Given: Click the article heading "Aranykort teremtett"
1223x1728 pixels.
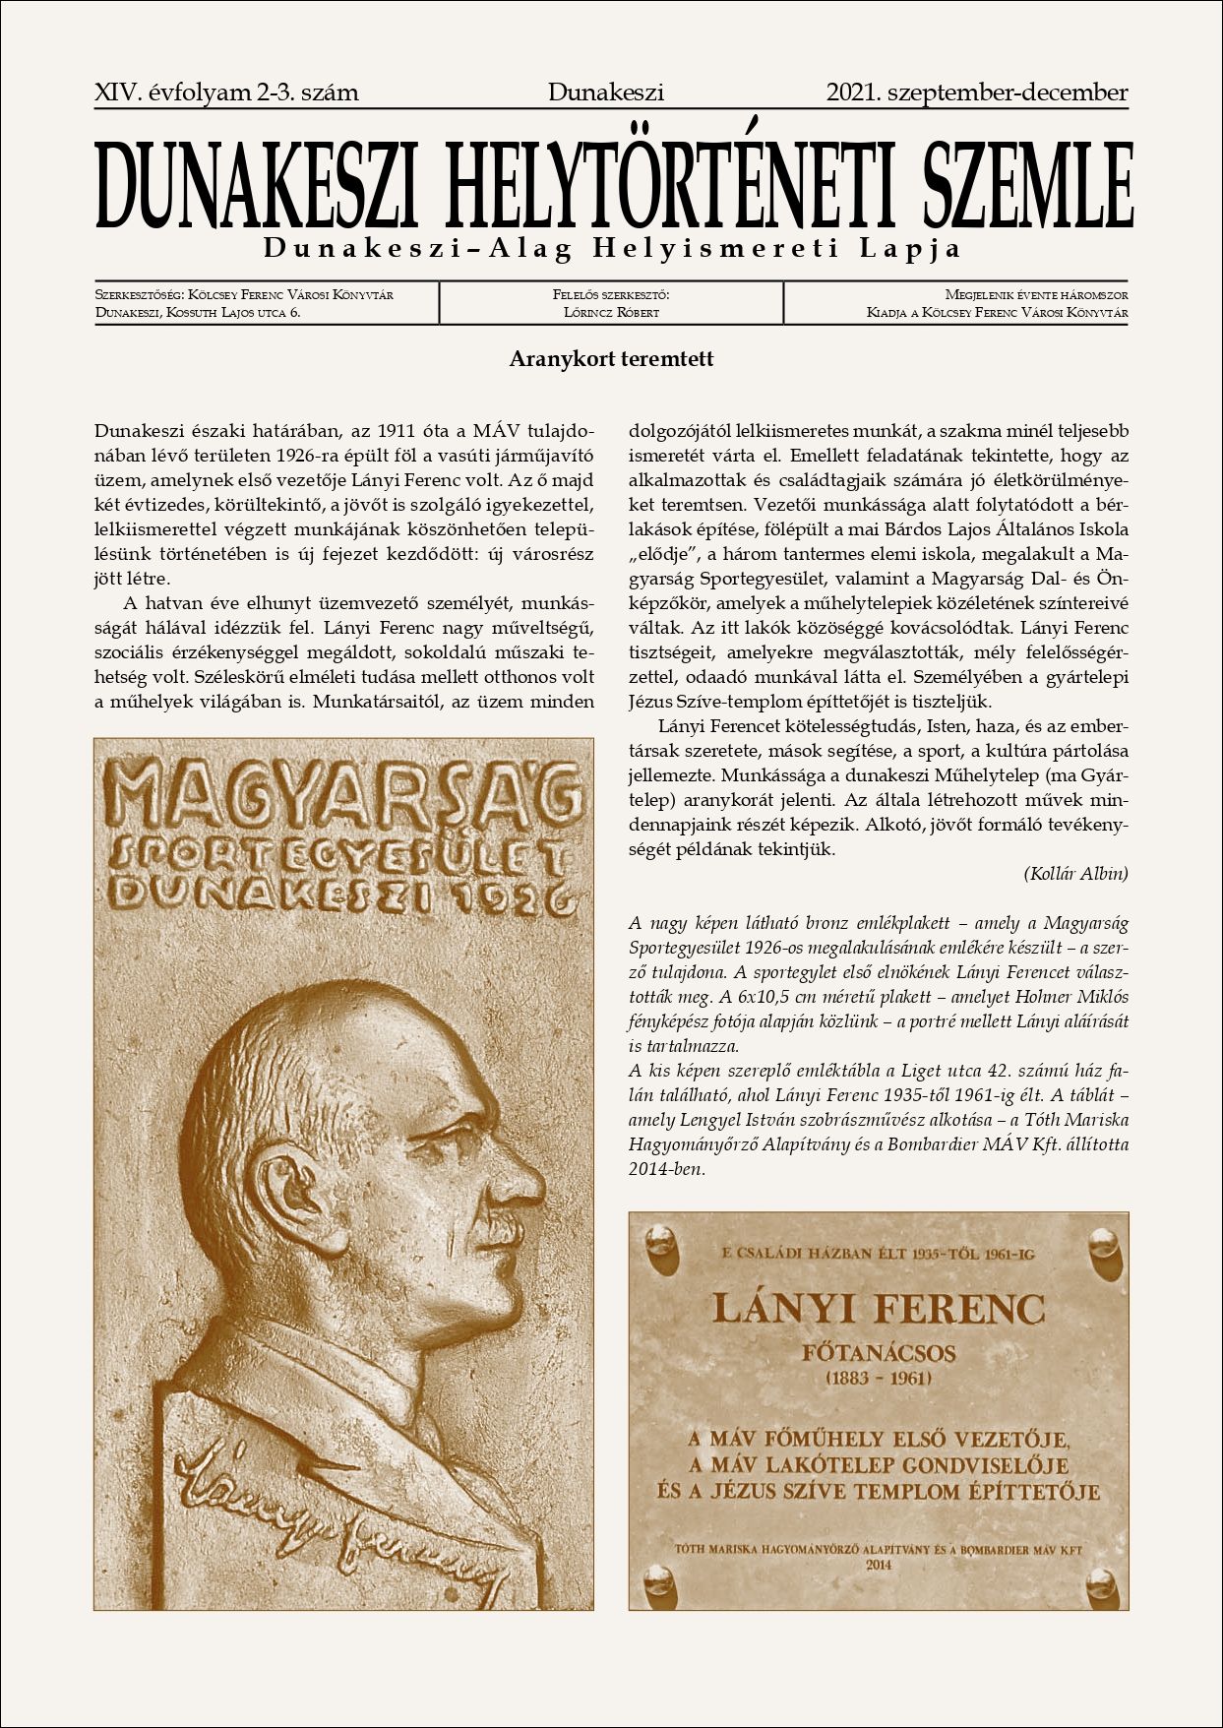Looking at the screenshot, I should click(611, 359).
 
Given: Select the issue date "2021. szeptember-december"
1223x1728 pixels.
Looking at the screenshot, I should click(977, 93).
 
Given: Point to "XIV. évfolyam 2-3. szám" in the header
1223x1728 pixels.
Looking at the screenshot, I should click(226, 93).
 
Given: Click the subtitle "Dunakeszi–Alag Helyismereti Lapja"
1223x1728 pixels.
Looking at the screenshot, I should click(611, 249).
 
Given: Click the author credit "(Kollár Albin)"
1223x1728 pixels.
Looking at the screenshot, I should click(1075, 873).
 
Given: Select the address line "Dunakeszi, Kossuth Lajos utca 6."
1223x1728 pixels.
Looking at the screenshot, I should click(198, 313).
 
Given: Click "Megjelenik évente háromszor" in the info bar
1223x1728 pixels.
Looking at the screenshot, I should click(1035, 294).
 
